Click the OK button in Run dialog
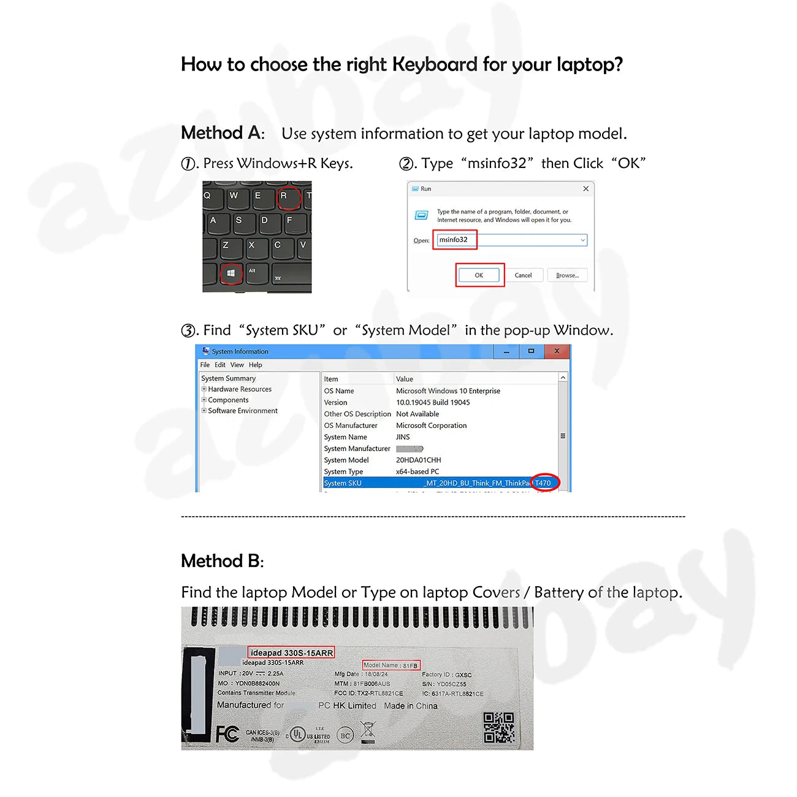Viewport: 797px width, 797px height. tap(479, 275)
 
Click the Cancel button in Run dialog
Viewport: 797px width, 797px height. tap(523, 275)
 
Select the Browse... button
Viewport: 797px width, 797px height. tap(567, 275)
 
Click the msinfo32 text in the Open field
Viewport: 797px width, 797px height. tap(454, 240)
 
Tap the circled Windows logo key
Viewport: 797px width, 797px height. tap(231, 273)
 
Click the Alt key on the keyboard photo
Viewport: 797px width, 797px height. tap(252, 272)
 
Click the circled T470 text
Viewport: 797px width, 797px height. tap(544, 483)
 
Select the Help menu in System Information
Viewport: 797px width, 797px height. tap(255, 365)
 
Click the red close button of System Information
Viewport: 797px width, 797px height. tap(556, 351)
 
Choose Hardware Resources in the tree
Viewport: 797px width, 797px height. tap(240, 389)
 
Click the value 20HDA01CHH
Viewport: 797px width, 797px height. tap(418, 460)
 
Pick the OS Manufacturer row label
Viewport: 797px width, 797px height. tap(351, 425)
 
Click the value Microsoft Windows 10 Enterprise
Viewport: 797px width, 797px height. tap(448, 391)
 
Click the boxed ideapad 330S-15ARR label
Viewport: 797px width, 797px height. tap(292, 653)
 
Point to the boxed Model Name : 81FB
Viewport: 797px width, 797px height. tap(391, 665)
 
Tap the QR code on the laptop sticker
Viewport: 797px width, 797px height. tap(498, 727)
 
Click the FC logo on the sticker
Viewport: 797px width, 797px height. tap(227, 734)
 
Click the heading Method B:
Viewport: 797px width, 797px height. tap(222, 561)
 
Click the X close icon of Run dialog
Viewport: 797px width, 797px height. tap(585, 189)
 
